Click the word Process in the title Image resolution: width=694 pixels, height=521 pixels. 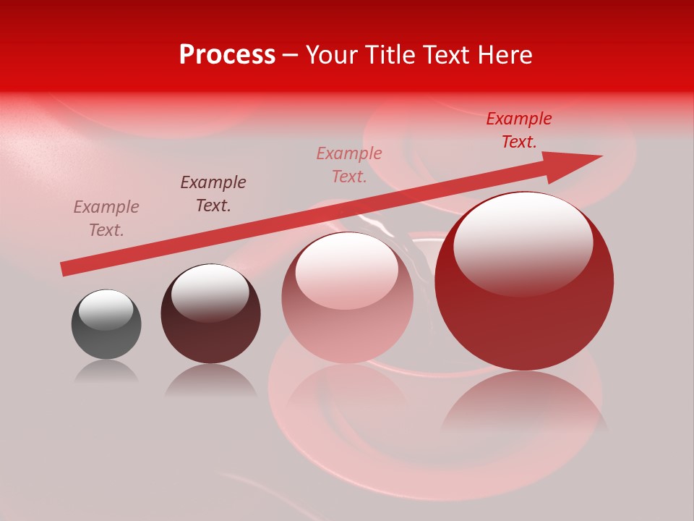tap(227, 55)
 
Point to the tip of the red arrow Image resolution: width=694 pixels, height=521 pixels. tap(600, 156)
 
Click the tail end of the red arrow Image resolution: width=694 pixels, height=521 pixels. tap(64, 269)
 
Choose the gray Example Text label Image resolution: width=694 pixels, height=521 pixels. tap(106, 218)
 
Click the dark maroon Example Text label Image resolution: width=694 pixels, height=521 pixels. tap(213, 193)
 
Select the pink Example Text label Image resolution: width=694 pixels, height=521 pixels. tap(349, 164)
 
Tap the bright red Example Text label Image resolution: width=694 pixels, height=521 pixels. tap(519, 130)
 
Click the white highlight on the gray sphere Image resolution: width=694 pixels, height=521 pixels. tap(106, 310)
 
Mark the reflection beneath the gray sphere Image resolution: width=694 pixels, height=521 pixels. tap(107, 372)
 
